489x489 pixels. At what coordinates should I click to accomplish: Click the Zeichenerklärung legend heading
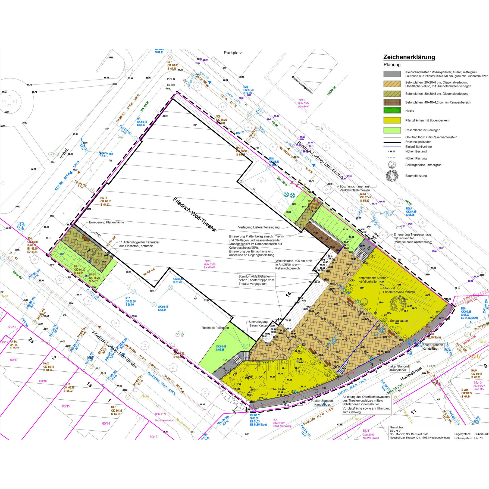click(x=409, y=57)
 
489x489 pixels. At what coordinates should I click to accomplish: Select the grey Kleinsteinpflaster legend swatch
click(x=392, y=74)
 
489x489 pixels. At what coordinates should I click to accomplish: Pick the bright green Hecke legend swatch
click(x=392, y=111)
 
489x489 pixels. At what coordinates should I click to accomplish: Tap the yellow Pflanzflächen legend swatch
click(x=392, y=120)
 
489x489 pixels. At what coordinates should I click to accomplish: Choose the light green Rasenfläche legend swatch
click(x=392, y=130)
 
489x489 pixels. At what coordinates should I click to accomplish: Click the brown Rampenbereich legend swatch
click(x=392, y=102)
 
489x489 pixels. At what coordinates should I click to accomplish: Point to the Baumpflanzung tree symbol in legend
click(x=392, y=175)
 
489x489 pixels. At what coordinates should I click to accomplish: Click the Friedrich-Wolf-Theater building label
click(x=195, y=214)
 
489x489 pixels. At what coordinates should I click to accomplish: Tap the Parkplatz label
click(x=233, y=53)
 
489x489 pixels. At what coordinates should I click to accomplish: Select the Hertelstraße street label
click(x=411, y=374)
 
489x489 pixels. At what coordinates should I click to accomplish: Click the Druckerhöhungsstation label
click(x=302, y=85)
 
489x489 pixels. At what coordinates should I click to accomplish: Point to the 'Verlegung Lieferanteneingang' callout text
click(x=259, y=227)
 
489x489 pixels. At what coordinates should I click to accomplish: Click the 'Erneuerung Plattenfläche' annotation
click(x=106, y=222)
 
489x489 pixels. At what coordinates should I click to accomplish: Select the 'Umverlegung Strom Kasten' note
click(x=258, y=324)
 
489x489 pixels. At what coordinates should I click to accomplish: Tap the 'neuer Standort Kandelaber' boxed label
click(x=433, y=347)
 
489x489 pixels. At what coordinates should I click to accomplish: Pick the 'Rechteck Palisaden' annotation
click(x=215, y=328)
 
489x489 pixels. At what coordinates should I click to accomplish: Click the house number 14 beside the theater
click(x=289, y=294)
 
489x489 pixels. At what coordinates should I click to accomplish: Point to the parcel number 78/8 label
click(x=301, y=100)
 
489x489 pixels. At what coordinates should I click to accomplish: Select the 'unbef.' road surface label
click(x=64, y=153)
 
